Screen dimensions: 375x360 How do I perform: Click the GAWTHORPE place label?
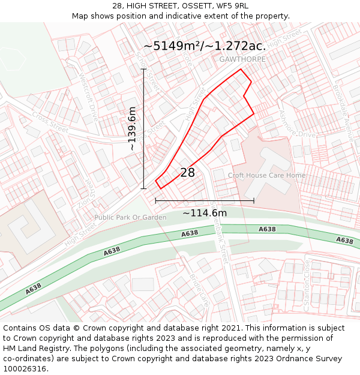(242, 59)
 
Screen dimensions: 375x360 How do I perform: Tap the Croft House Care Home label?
(266, 176)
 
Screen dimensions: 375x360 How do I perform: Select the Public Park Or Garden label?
(130, 217)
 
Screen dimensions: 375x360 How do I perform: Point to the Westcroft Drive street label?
(88, 97)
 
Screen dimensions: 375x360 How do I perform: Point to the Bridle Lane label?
(198, 289)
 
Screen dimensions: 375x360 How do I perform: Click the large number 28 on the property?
(187, 173)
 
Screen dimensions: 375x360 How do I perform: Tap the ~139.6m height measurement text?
(132, 128)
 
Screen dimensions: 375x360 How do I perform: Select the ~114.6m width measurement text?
(205, 213)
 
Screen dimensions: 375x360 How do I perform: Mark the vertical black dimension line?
(143, 129)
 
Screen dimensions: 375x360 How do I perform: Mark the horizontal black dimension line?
(205, 200)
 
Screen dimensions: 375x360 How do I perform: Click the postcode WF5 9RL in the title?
(232, 6)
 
